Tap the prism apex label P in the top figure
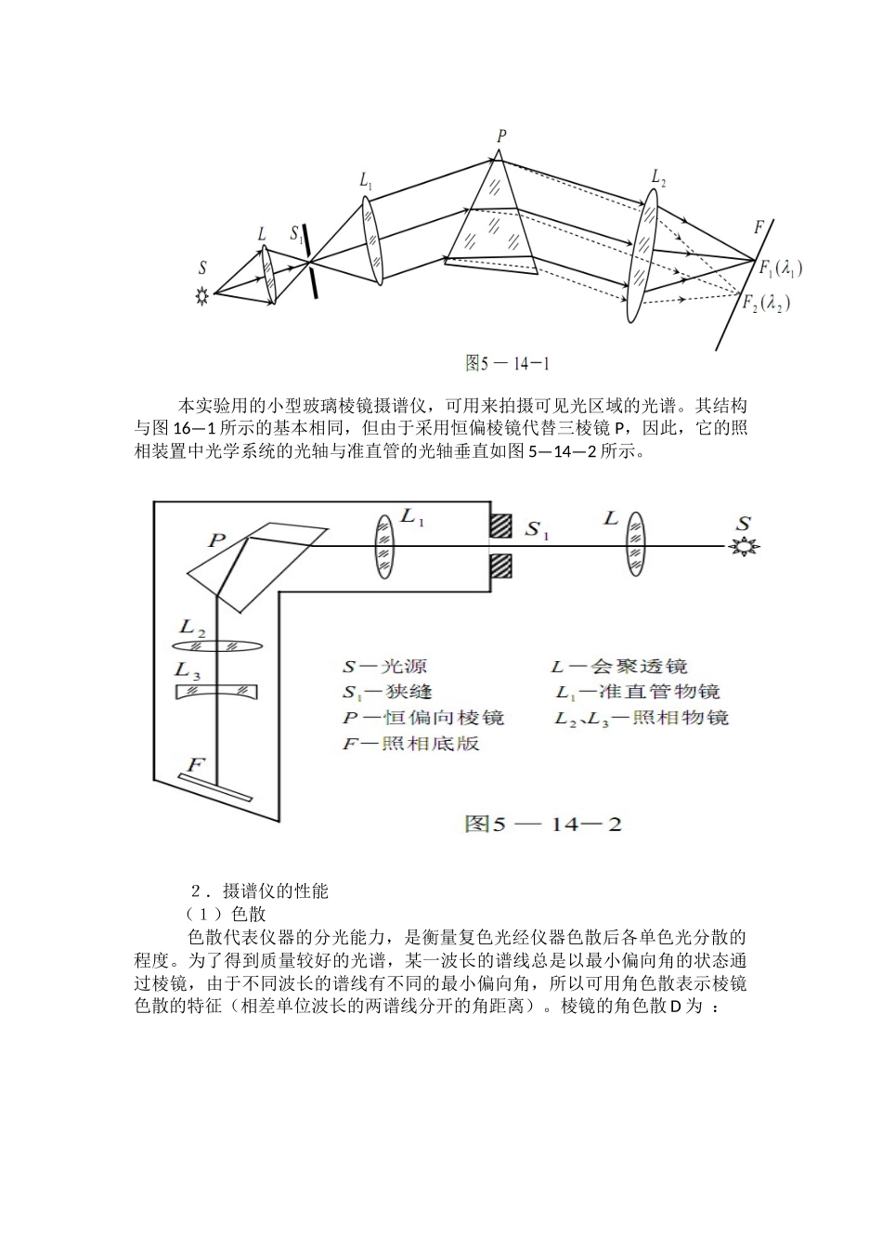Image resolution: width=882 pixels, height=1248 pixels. tap(501, 136)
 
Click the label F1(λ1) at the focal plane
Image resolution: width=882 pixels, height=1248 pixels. tap(780, 269)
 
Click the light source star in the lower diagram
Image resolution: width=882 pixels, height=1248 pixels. tap(743, 546)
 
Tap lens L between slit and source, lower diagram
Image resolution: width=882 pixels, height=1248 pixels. tap(635, 546)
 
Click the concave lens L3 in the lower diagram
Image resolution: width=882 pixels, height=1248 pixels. tap(217, 692)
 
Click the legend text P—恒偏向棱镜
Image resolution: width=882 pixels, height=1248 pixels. tap(422, 718)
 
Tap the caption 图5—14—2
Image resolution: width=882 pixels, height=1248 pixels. tap(543, 824)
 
